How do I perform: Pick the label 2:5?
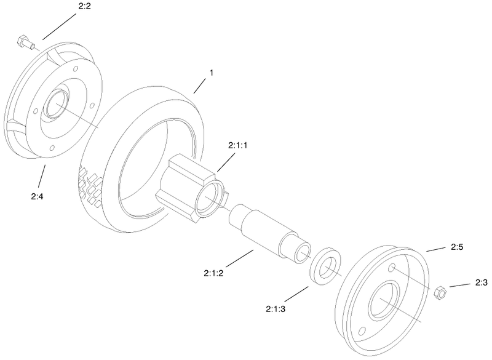point(456,247)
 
